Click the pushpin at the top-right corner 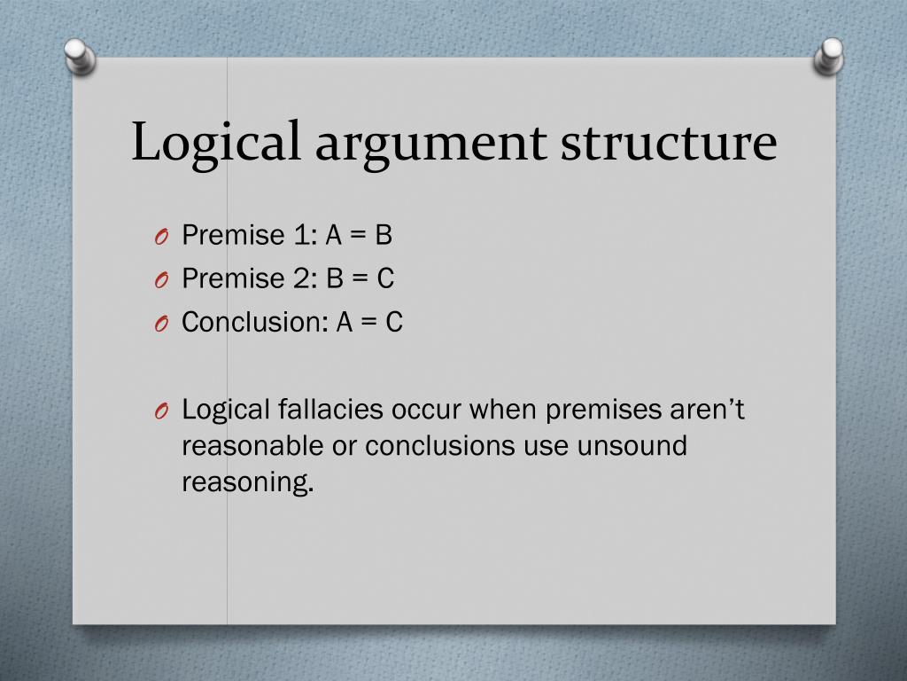click(829, 55)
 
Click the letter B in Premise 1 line click(383, 235)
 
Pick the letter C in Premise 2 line click(385, 278)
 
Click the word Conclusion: click(254, 322)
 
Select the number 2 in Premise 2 click(300, 278)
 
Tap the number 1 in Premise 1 click(300, 235)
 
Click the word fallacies click(331, 410)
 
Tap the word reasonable click(252, 445)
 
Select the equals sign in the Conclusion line click(369, 322)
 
